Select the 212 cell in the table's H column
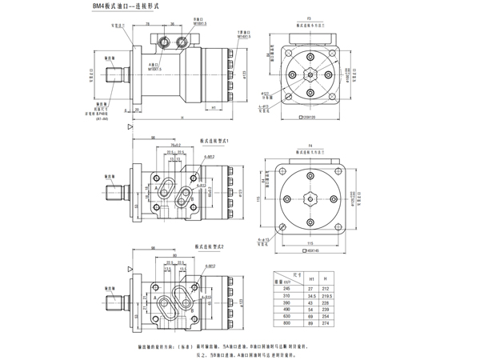pos(326,288)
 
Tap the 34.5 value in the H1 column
pos(311,296)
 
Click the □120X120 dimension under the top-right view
pos(307,118)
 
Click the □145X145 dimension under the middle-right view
pos(307,250)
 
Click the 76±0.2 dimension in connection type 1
pos(174,146)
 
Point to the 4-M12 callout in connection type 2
pos(210,265)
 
